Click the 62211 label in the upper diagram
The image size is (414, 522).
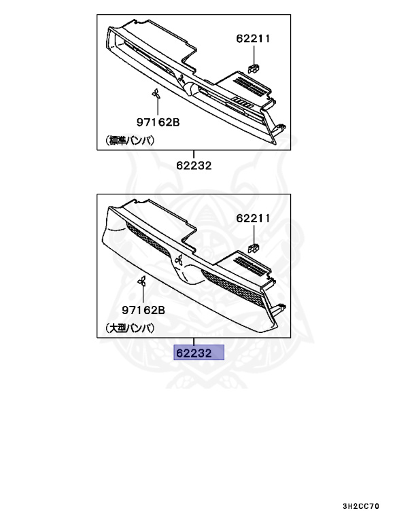coord(254,39)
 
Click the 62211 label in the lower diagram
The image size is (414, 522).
coord(254,218)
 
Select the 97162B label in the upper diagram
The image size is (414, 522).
coord(157,122)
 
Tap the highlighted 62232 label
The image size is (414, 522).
coord(198,353)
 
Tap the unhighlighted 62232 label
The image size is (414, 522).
coord(194,165)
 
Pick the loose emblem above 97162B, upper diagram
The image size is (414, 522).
coord(156,95)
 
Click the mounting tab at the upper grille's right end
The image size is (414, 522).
coord(279,127)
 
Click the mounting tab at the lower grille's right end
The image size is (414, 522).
coord(277,309)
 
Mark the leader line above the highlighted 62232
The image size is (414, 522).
coord(194,342)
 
